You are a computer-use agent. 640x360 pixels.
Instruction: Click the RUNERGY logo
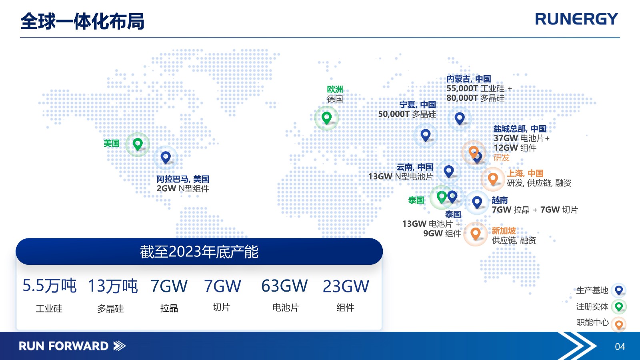(576, 20)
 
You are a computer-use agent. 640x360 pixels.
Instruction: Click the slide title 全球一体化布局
(82, 22)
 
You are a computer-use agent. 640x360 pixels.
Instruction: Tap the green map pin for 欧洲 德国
(326, 118)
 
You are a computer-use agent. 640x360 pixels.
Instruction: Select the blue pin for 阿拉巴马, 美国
(166, 158)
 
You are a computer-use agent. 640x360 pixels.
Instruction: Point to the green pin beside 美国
(138, 144)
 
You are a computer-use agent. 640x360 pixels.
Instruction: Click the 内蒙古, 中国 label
(468, 79)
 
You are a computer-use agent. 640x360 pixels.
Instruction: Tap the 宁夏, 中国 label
(418, 104)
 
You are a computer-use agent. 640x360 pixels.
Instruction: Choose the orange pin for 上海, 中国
(493, 179)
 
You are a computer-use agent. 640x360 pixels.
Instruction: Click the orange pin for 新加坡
(476, 234)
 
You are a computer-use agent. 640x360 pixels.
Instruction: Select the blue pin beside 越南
(477, 202)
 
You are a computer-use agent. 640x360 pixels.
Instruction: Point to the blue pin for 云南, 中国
(448, 172)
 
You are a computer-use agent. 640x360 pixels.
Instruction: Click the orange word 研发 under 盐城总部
(502, 158)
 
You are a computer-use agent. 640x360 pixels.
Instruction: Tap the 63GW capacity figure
(284, 286)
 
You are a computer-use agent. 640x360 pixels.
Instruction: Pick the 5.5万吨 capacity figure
(50, 286)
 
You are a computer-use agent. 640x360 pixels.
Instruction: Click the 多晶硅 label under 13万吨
(110, 308)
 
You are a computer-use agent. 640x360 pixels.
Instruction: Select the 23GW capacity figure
(346, 286)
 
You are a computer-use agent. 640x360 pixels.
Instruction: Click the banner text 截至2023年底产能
(199, 252)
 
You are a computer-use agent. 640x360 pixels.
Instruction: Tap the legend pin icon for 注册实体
(619, 307)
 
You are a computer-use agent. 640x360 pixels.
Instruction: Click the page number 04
(620, 346)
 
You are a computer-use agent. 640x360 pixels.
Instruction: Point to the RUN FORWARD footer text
(64, 346)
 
